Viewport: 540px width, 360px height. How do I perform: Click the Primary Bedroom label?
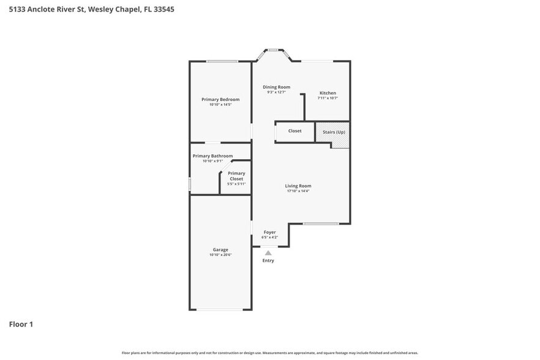click(x=220, y=99)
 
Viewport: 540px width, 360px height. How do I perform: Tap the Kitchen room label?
click(x=328, y=93)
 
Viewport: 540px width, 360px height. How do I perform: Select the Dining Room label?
click(x=276, y=87)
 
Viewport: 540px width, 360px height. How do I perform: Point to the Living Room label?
click(x=298, y=186)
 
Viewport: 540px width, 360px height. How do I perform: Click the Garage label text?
click(x=220, y=249)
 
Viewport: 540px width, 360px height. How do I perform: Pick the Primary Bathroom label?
click(x=212, y=156)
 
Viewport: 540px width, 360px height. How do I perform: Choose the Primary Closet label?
click(x=236, y=176)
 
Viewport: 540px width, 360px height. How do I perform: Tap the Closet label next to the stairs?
click(x=294, y=130)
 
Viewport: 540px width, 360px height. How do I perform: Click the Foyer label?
click(x=269, y=232)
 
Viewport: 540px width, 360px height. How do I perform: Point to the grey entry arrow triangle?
click(x=268, y=252)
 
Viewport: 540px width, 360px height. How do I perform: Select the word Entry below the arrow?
click(x=268, y=261)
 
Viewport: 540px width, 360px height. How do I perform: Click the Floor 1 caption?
click(x=21, y=324)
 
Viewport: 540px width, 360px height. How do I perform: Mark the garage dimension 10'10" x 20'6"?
click(x=220, y=255)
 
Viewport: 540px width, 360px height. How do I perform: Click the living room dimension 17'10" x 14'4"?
click(x=298, y=191)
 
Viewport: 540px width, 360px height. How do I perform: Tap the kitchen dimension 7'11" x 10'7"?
click(x=328, y=98)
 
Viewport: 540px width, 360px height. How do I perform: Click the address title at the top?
click(x=87, y=10)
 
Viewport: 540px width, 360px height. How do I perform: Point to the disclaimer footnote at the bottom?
click(x=269, y=353)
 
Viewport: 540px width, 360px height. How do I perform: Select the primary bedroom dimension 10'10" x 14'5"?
click(x=220, y=105)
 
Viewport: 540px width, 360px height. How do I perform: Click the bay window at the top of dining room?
click(x=273, y=50)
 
